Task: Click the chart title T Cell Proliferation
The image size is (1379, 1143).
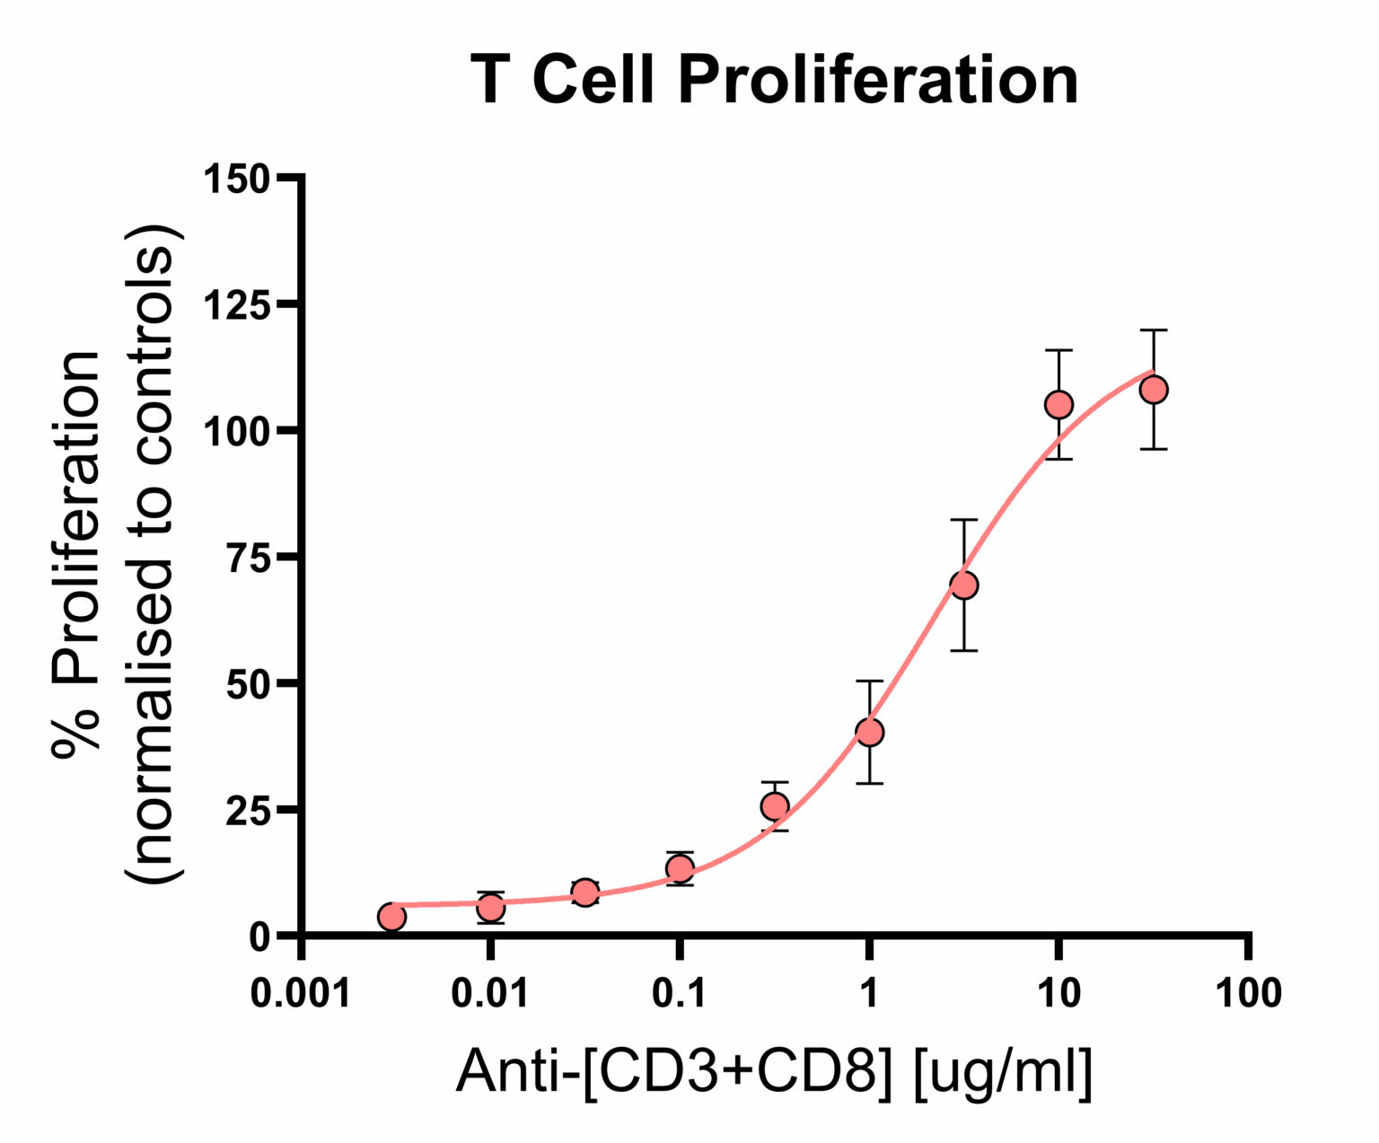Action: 774,80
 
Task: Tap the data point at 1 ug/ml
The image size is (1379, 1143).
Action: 869,732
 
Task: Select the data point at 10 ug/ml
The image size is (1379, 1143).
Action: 1059,405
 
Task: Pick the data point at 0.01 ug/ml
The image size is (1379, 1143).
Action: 490,908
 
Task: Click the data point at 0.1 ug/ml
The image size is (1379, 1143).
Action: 680,868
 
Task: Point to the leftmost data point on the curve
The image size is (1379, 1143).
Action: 392,917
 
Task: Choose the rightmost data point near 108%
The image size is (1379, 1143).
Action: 1154,390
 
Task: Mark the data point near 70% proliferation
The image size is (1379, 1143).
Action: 964,585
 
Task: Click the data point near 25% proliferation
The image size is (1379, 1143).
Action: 775,806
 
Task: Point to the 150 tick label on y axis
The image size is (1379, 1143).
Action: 237,179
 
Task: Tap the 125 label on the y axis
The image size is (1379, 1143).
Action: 237,305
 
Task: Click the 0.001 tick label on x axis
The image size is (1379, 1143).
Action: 301,993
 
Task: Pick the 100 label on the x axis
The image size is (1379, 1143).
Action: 1248,993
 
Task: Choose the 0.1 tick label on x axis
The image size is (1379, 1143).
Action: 680,993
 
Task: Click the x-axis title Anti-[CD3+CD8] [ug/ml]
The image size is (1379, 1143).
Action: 774,1071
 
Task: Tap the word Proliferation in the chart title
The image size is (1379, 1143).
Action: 878,80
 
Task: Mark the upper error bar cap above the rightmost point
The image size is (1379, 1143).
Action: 1154,330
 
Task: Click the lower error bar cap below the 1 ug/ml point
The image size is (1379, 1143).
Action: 869,784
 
